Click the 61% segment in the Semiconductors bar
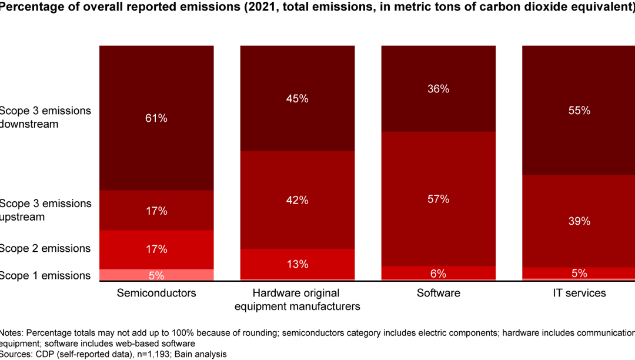coord(156,118)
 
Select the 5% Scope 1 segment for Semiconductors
coord(156,275)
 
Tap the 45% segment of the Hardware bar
coord(297,98)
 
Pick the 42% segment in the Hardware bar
coord(297,200)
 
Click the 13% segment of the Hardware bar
coord(297,264)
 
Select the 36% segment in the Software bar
coord(438,89)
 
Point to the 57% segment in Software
coord(438,199)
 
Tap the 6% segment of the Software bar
coord(438,273)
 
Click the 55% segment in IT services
coord(579,110)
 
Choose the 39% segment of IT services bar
coord(579,221)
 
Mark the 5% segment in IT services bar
coord(579,272)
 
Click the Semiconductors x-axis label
coord(156,292)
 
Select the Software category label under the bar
coord(438,292)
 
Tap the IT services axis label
coord(579,292)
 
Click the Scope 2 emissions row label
coord(45,248)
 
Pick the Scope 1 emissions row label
coord(45,275)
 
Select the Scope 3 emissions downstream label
coord(45,117)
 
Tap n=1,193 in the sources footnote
coord(131,354)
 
